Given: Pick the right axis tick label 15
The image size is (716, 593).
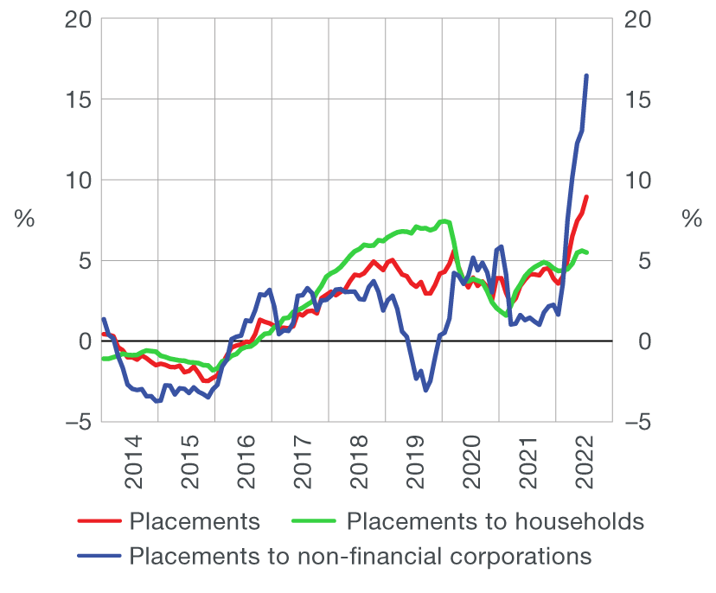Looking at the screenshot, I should (636, 99).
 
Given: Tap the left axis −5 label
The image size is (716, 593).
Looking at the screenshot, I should (76, 422).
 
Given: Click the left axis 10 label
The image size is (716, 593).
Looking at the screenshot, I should (78, 180).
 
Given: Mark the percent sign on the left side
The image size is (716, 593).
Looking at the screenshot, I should (24, 220).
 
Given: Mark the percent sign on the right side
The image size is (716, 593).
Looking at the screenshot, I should (692, 220).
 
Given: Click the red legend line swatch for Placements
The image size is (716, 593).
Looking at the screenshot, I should (99, 521).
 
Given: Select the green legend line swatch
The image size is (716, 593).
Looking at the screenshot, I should (315, 521).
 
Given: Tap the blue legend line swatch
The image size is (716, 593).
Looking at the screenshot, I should (99, 555).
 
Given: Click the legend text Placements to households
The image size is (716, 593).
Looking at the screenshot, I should (495, 521).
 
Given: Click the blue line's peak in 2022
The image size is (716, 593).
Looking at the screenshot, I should (586, 76).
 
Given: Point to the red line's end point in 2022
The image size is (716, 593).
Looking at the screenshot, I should (586, 197).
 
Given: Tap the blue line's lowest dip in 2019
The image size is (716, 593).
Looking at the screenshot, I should (425, 390).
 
